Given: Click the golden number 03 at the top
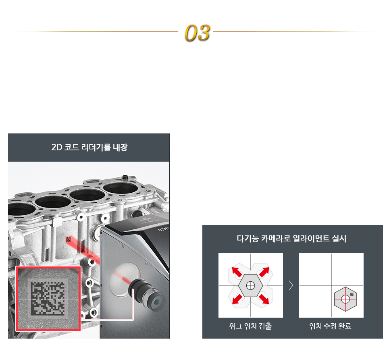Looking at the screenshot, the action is point(197,33).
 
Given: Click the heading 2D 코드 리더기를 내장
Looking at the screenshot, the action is point(89,148).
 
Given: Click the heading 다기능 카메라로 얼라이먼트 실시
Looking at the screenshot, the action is point(291,239).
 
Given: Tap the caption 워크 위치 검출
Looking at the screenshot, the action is point(250,326).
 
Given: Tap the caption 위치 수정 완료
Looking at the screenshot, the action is point(330,326).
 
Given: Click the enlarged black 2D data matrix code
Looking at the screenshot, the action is point(48,297).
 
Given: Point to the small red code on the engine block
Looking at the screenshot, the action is point(69,239).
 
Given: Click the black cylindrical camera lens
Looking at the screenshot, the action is point(144,294).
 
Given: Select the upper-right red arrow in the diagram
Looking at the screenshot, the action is point(264,272).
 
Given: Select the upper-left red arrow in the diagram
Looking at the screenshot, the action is point(237,272).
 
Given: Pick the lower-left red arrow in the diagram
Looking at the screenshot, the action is point(237,299).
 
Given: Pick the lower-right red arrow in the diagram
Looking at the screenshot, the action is point(264,299).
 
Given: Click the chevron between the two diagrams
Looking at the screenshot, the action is point(291,285).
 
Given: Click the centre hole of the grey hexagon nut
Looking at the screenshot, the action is point(250,285).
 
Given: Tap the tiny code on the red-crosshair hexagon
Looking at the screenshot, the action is point(351,294).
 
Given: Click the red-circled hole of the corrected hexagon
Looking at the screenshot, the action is point(345,299).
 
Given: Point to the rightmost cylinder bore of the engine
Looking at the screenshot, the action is point(121,188).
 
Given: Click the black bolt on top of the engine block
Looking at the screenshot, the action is point(125,177).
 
